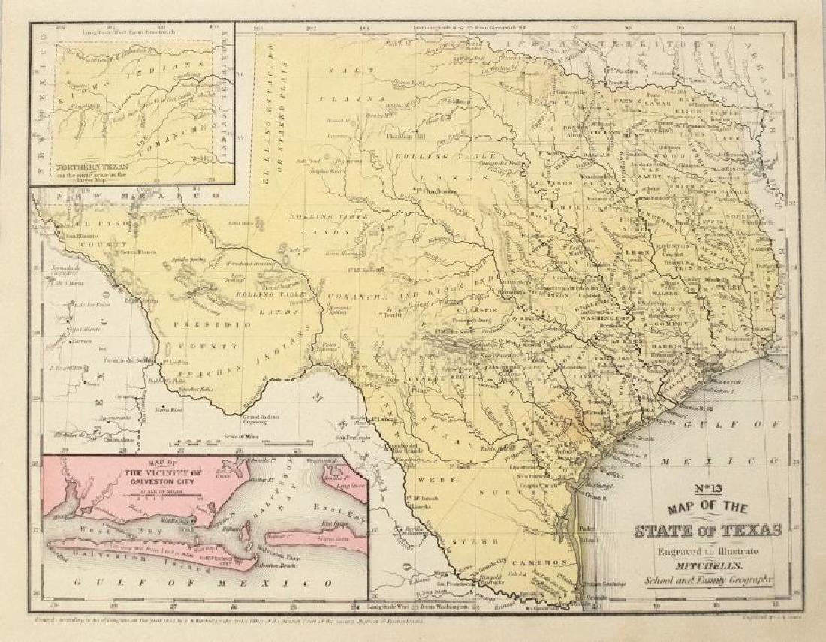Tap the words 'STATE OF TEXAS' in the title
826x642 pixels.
(x=708, y=531)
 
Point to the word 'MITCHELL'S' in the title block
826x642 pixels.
(x=707, y=564)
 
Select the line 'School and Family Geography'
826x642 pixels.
(x=707, y=578)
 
